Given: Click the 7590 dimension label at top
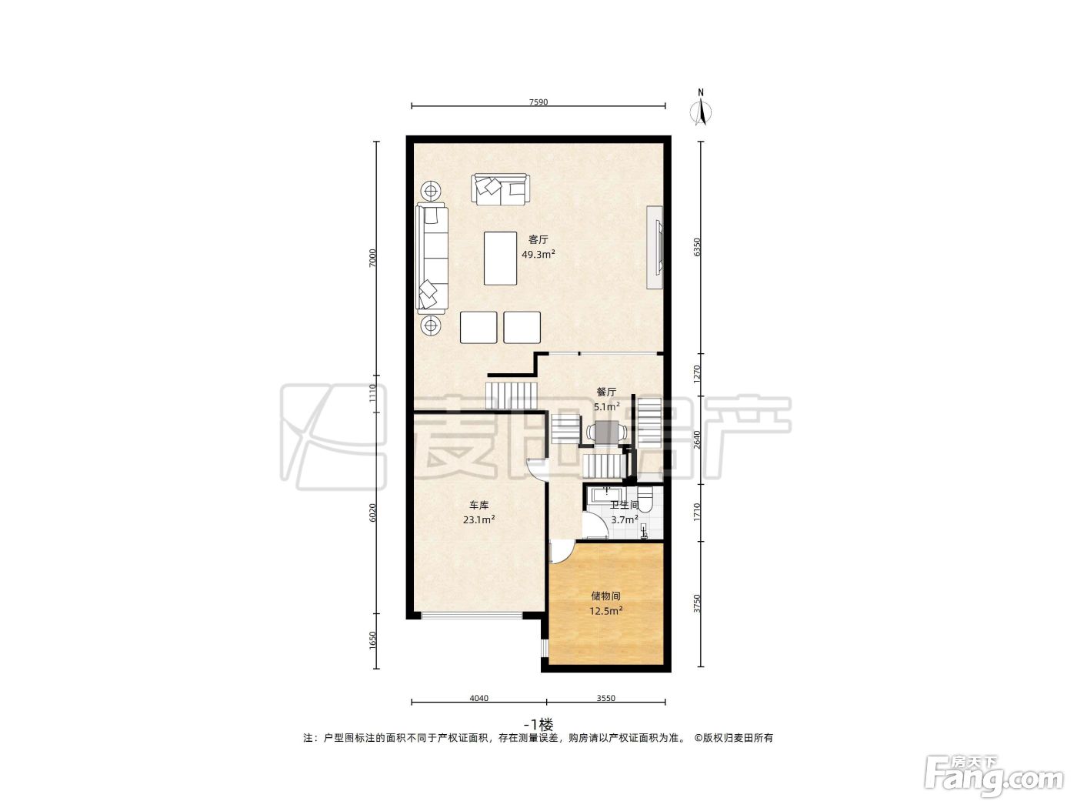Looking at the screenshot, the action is [538, 102].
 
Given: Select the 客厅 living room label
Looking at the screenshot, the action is [538, 239].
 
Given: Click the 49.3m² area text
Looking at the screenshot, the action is [538, 254].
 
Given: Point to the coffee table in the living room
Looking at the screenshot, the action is [500, 258].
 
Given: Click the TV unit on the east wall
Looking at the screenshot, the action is [655, 248].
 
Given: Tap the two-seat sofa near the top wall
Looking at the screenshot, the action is [501, 189].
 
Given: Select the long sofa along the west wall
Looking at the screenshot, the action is [432, 258].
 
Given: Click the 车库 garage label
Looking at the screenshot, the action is [479, 505].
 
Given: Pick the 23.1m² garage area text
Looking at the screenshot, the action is [479, 519].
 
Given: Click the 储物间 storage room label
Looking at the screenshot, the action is [606, 596].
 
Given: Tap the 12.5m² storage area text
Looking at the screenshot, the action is [606, 611].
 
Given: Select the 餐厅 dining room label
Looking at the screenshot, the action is [606, 392].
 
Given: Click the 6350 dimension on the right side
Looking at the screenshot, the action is [698, 247].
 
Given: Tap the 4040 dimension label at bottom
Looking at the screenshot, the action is [479, 698].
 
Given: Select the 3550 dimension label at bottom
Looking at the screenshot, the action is [606, 698].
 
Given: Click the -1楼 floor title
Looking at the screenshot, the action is [538, 725].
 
